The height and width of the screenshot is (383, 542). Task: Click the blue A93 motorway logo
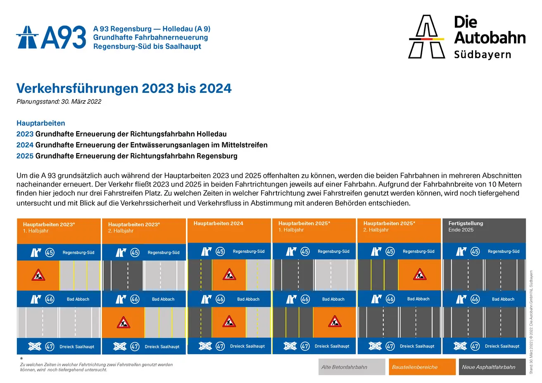(x=51, y=37)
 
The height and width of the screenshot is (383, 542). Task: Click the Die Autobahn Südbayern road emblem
(x=426, y=36)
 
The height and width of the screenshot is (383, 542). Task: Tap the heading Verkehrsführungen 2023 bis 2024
(x=124, y=88)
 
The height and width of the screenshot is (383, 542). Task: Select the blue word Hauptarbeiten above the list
(x=40, y=123)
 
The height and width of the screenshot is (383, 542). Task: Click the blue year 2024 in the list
(x=25, y=145)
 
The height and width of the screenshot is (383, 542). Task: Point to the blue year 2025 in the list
(x=25, y=156)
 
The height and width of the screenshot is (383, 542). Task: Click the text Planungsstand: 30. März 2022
(x=59, y=102)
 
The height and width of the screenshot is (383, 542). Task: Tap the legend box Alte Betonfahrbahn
(x=352, y=367)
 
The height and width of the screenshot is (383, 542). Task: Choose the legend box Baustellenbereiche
(x=422, y=367)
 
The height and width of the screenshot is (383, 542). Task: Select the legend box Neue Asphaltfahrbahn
(x=492, y=367)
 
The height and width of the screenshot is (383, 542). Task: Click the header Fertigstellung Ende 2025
(x=466, y=227)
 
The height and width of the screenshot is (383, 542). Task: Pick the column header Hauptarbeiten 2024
(x=218, y=223)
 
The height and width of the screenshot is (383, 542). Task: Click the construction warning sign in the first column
(x=38, y=275)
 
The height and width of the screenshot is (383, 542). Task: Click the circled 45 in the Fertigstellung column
(x=475, y=251)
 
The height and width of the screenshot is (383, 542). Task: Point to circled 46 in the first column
(x=50, y=299)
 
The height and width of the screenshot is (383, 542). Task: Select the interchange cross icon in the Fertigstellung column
(x=460, y=346)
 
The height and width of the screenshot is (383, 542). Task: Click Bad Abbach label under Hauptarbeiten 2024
(x=248, y=299)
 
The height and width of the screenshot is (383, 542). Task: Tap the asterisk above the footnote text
(x=21, y=359)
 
